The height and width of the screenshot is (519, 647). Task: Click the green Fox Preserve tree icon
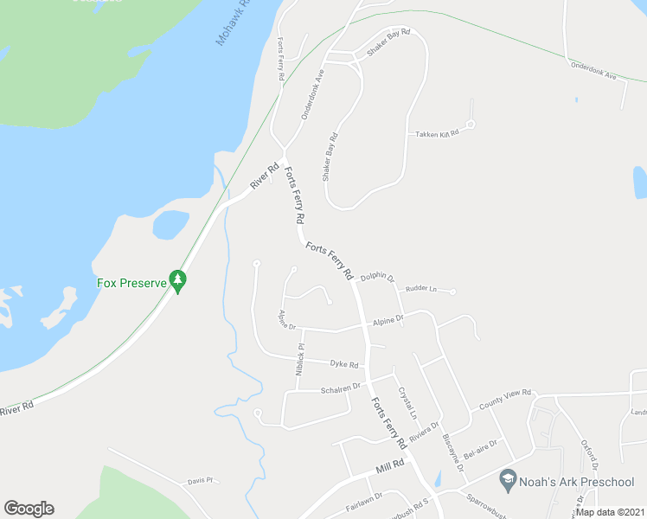coord(178,280)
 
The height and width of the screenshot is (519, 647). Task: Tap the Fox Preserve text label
coord(130,283)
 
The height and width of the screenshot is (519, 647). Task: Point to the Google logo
coord(29,509)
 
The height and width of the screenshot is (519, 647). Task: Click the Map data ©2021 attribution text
coord(610,512)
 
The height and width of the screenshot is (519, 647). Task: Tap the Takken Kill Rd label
coord(437,132)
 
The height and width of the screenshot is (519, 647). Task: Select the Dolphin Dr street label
coord(377,278)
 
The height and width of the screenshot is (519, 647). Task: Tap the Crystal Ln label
coord(408,399)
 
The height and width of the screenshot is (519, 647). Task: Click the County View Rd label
coord(505,399)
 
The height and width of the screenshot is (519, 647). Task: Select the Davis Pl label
coord(200,481)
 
